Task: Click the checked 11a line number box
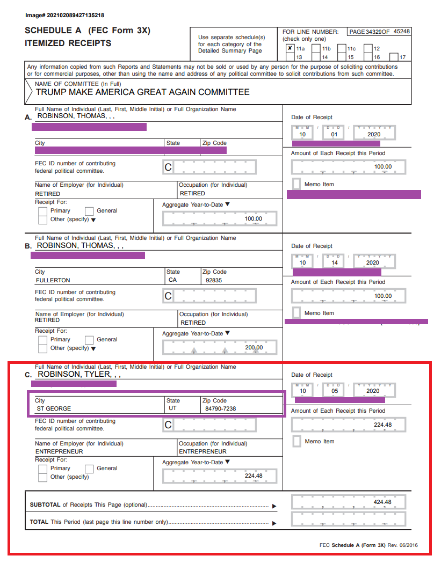point(290,48)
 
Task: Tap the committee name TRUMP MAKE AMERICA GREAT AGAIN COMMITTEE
point(142,92)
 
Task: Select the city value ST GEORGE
point(53,408)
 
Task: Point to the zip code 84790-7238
point(221,408)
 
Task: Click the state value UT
point(172,408)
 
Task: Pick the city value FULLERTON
point(53,280)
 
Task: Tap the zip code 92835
point(213,280)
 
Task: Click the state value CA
point(172,280)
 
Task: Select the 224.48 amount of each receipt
point(382,425)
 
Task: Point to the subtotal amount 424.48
point(382,502)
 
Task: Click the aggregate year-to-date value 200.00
point(254,348)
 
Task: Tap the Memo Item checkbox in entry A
point(296,184)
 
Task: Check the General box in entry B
point(89,340)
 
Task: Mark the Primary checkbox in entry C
point(43,469)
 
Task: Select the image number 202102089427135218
point(64,15)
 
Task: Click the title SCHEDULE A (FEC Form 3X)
point(88,31)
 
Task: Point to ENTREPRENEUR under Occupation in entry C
point(202,451)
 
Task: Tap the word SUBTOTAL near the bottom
point(45,505)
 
